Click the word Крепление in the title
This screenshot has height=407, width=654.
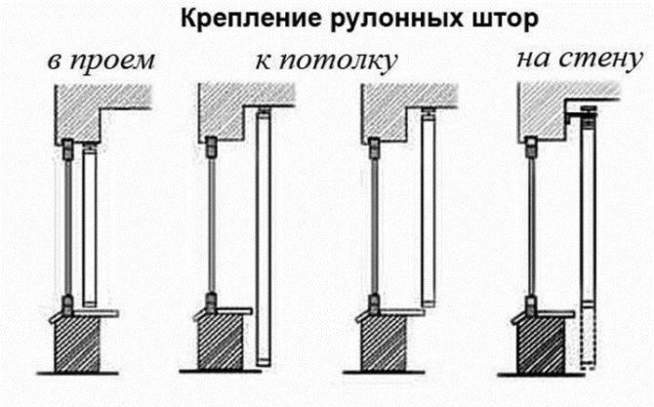point(243,20)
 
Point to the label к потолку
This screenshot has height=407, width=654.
point(325,61)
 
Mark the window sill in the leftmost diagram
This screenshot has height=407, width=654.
point(92,312)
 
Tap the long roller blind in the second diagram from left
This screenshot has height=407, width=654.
point(261,234)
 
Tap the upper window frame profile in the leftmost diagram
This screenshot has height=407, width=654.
point(67,150)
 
